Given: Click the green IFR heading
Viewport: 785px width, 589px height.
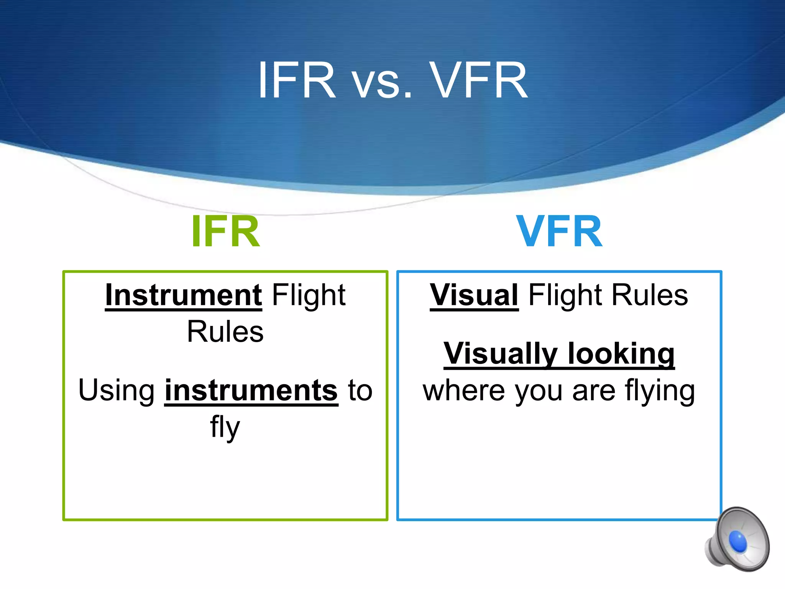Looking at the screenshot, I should tap(225, 232).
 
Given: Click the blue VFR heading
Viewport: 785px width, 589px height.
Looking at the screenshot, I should tap(559, 232).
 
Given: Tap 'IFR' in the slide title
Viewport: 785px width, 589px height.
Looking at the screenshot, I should tap(296, 81).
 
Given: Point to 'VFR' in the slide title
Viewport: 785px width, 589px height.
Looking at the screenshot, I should tap(478, 81).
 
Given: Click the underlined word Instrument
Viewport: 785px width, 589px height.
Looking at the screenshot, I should tap(183, 295).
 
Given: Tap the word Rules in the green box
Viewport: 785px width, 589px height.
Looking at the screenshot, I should tap(225, 332).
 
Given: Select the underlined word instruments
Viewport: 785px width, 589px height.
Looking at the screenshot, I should tap(251, 390).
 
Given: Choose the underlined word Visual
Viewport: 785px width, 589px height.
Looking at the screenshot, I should tap(474, 295).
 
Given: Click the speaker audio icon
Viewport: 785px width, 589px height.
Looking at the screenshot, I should tap(737, 540).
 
